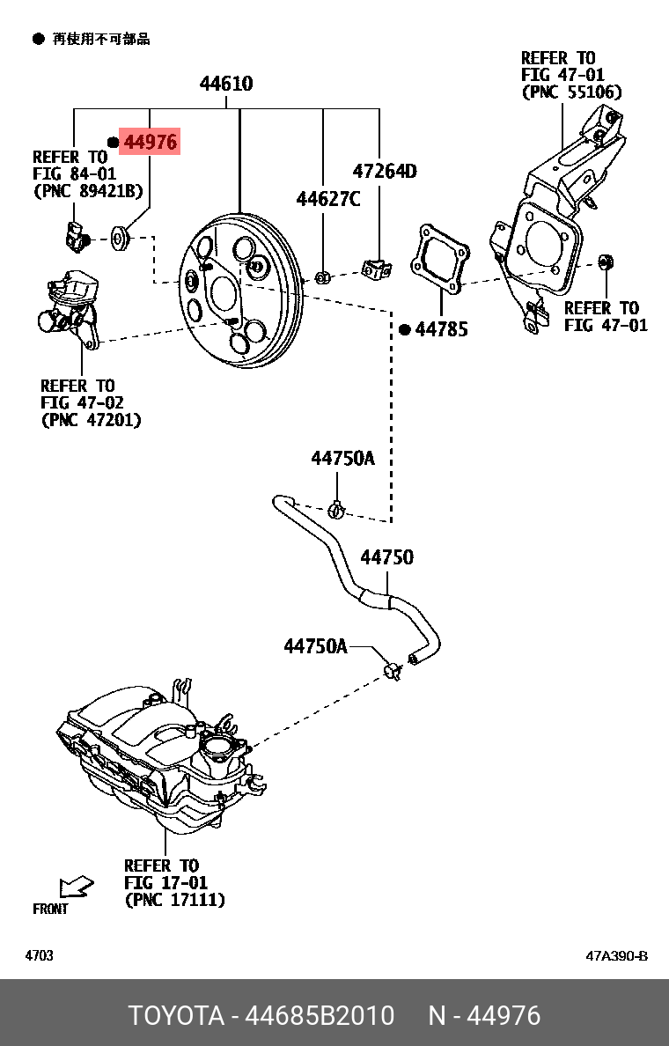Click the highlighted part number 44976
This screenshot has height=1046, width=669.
click(150, 142)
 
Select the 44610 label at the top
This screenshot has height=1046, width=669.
click(226, 85)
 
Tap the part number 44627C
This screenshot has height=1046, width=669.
click(327, 199)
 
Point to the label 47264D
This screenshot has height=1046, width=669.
click(385, 171)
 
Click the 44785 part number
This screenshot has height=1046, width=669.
click(441, 329)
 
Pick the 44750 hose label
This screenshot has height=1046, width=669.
click(386, 557)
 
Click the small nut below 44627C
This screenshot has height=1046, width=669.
click(323, 278)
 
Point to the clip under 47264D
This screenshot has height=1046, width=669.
click(376, 268)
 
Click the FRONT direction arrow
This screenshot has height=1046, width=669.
click(76, 886)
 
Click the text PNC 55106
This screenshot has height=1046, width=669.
click(571, 92)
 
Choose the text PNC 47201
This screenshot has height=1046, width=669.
click(91, 420)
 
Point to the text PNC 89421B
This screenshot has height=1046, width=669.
click(87, 189)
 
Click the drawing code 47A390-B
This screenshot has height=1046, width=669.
click(616, 956)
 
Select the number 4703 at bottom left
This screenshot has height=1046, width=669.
click(39, 956)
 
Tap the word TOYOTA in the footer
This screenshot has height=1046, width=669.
click(177, 1015)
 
